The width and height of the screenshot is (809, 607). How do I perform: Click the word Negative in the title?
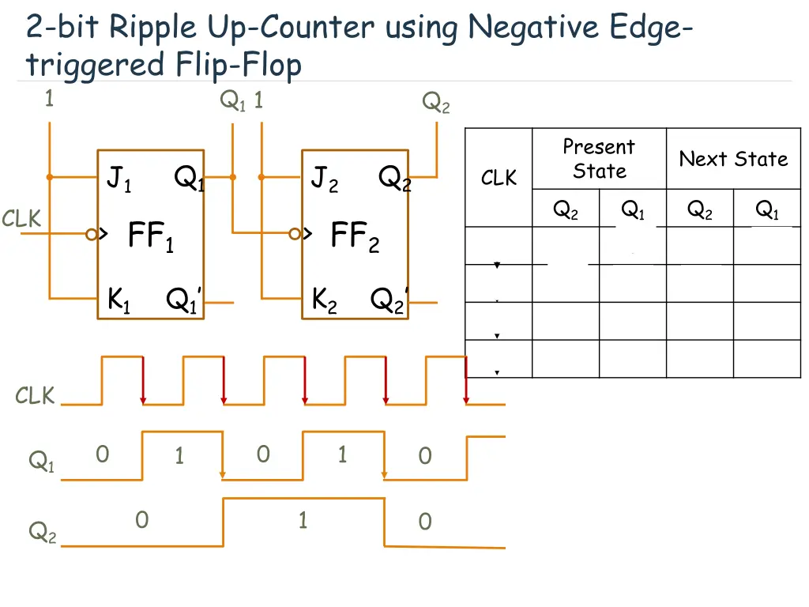click(533, 28)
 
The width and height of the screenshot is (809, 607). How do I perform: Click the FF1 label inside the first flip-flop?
click(150, 236)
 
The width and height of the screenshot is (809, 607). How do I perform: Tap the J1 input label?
click(119, 181)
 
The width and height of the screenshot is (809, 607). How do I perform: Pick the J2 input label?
click(324, 181)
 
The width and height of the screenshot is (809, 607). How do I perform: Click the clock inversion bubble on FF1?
click(92, 234)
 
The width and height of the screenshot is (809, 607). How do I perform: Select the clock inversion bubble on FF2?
click(295, 234)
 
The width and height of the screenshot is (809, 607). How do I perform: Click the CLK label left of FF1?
click(21, 219)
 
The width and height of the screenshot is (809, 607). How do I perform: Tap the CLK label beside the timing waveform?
click(36, 396)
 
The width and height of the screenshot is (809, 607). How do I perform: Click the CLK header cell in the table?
click(499, 179)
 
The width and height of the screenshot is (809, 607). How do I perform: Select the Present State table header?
click(599, 159)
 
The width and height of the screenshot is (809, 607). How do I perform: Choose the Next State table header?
click(733, 159)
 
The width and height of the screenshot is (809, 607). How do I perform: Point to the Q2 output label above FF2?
click(435, 102)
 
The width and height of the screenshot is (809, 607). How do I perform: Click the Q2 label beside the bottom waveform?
click(42, 533)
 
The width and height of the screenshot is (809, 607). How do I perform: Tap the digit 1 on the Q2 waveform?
click(303, 520)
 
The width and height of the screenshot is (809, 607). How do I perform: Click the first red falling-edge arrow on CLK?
click(143, 381)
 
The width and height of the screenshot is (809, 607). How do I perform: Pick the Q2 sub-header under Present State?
click(566, 209)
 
